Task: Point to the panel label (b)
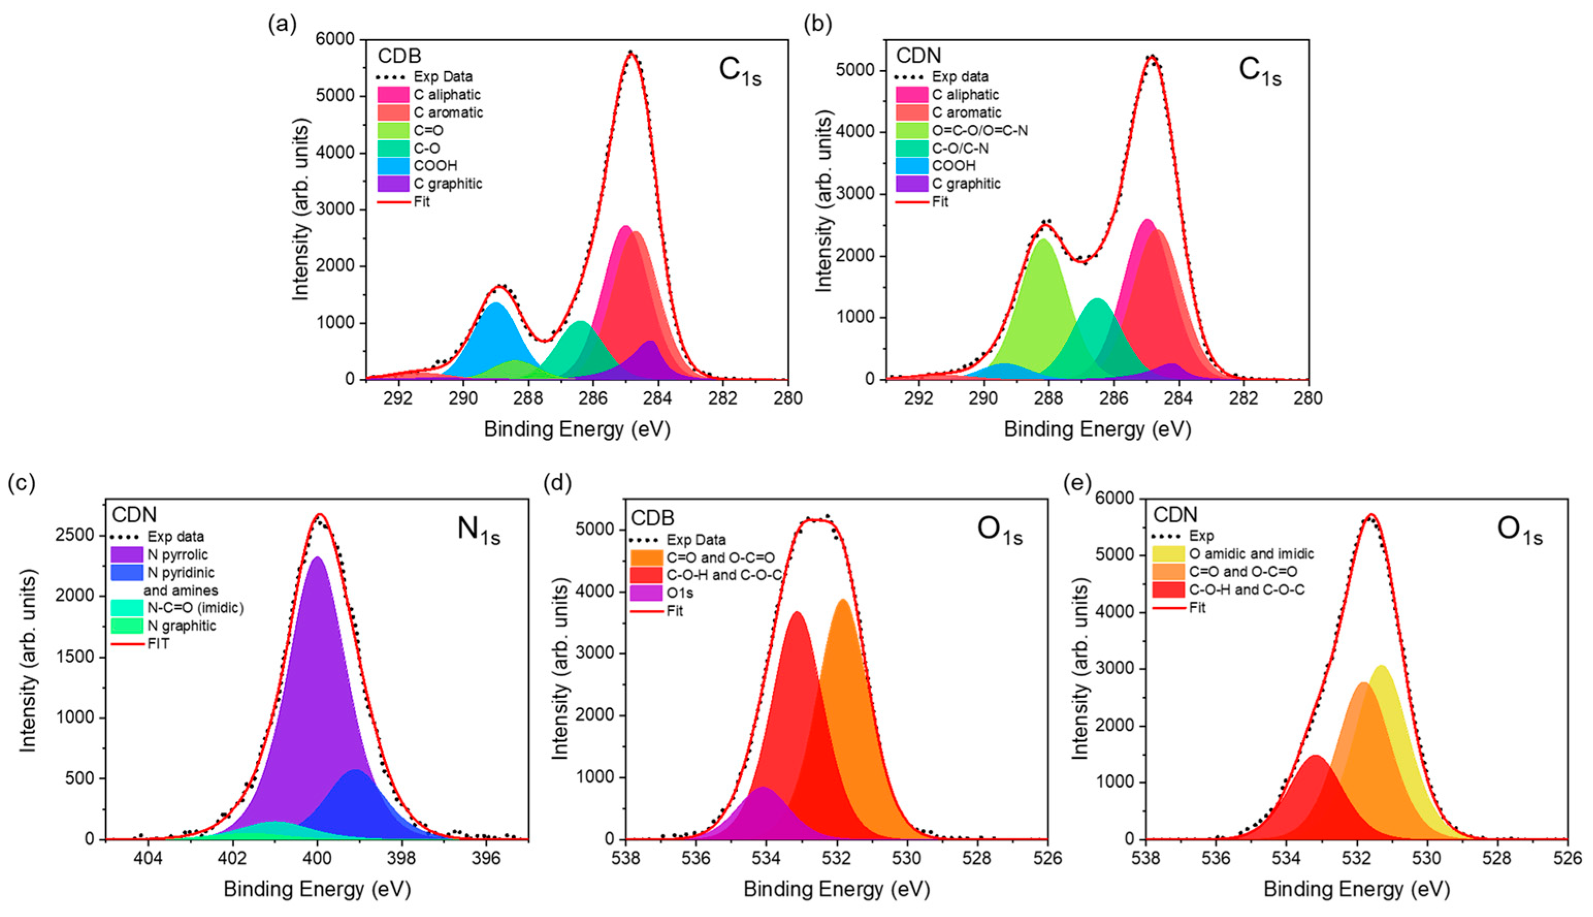coord(817,23)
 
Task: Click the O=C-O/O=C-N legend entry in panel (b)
coord(980,130)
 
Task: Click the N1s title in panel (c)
coord(478,529)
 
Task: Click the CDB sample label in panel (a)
coord(399,56)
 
